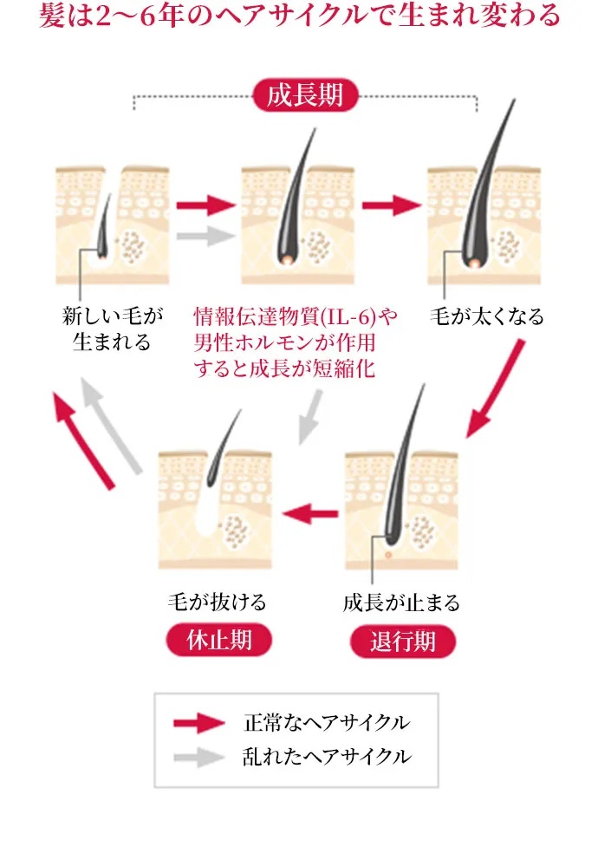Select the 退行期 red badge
point(402,641)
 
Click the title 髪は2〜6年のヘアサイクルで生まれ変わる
point(299,16)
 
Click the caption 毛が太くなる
point(487,316)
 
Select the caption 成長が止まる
point(401,602)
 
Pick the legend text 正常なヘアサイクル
point(327,722)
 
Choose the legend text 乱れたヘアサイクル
point(327,756)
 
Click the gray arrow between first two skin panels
point(205,235)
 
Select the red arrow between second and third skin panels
point(392,206)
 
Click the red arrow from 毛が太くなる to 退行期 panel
point(497,387)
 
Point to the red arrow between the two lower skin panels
point(309,513)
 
